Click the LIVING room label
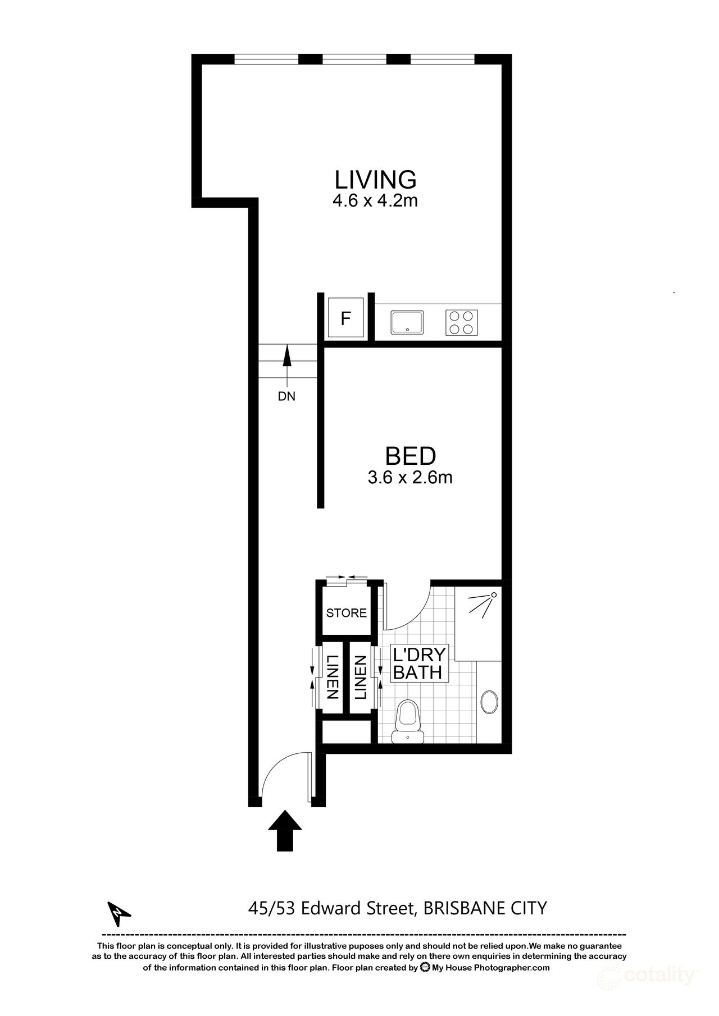375,180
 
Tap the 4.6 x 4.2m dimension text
375,201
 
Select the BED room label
410,456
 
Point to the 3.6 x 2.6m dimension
410,478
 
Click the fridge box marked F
346,319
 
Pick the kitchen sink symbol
408,322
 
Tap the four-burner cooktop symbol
462,322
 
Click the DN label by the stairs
286,396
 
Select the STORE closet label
347,613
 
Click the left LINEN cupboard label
331,677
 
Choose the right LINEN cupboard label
359,677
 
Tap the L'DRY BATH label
419,663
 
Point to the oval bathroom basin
490,703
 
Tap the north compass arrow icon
119,916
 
